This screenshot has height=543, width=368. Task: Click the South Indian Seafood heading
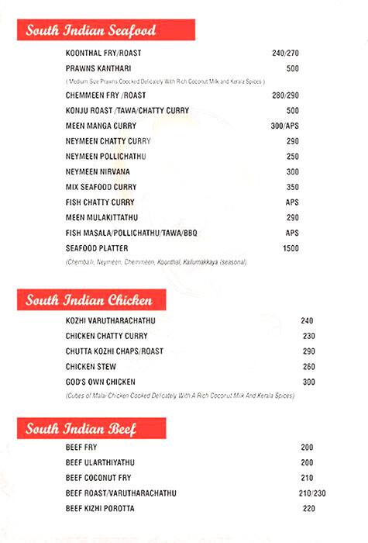pyautogui.click(x=91, y=31)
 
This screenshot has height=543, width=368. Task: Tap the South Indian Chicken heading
pyautogui.click(x=88, y=300)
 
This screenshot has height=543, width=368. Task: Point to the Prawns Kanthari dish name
pyautogui.click(x=98, y=68)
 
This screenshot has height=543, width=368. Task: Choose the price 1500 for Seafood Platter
pyautogui.click(x=291, y=248)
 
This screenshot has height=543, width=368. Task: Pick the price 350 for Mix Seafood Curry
pyautogui.click(x=292, y=187)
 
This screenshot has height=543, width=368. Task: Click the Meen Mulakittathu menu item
pyautogui.click(x=103, y=217)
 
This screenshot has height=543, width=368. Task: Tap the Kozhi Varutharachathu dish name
pyautogui.click(x=112, y=320)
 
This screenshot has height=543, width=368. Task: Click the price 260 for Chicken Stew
pyautogui.click(x=308, y=367)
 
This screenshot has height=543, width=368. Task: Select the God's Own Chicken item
pyautogui.click(x=101, y=382)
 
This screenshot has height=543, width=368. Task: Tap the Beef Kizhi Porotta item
pyautogui.click(x=100, y=509)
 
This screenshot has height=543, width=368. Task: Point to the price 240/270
pyautogui.click(x=285, y=54)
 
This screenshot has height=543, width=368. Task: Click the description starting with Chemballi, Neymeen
pyautogui.click(x=157, y=262)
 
